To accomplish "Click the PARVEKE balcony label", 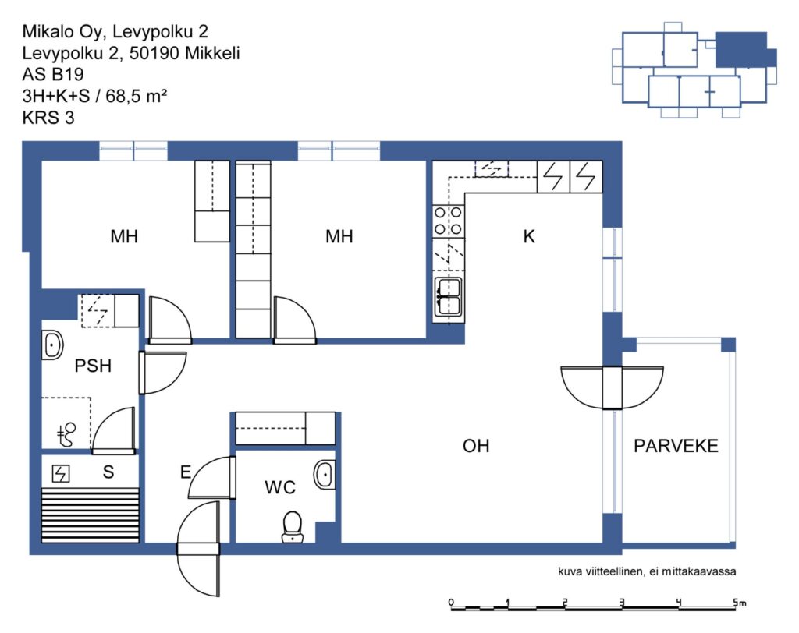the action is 676,446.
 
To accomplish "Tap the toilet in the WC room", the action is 293,527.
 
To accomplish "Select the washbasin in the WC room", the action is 324,475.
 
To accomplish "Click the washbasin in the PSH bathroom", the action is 52,345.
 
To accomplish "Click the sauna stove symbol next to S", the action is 61,474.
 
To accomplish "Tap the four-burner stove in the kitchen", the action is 449,221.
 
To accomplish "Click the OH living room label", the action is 476,446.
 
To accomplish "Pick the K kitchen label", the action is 529,236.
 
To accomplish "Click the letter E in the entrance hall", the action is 186,472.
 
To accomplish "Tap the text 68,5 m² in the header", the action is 136,96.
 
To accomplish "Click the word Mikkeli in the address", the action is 212,53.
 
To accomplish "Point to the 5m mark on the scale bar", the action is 740,603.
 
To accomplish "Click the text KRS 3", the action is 48,118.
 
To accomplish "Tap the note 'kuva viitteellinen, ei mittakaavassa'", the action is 647,571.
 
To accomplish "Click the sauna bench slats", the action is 91,515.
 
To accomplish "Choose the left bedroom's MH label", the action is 124,236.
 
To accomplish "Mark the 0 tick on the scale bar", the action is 451,603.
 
